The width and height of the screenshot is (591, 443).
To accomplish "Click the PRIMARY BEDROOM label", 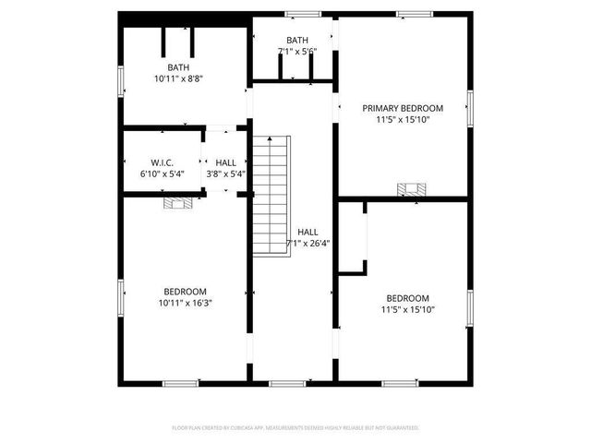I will coord(403,108).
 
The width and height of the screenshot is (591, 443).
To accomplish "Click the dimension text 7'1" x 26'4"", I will coord(308,244).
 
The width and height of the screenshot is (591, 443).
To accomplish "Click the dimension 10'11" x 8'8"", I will coord(178,79).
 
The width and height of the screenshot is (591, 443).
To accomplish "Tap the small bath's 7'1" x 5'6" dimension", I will coord(297,52).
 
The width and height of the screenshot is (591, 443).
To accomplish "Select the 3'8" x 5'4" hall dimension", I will coord(225,174).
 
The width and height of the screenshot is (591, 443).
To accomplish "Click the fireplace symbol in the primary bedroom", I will coord(412,190).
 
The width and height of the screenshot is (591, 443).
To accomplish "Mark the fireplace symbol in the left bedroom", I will coord(178,203).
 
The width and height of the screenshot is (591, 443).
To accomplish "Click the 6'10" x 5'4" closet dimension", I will coord(163,174).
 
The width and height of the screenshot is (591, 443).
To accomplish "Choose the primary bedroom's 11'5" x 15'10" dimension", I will coord(403,119).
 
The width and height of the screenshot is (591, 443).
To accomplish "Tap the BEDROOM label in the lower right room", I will coord(407,298).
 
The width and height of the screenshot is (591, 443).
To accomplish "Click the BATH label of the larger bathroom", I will coord(178,67).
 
